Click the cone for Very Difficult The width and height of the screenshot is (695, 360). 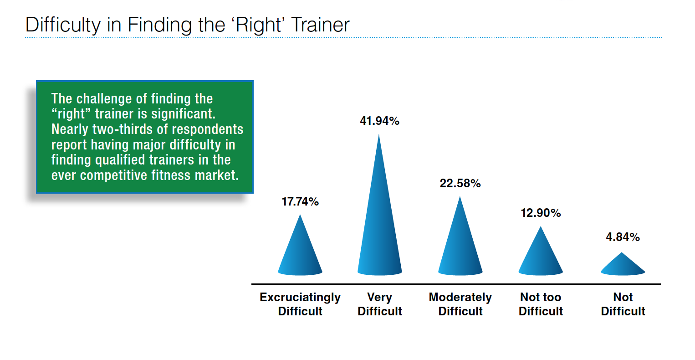pos(379,217)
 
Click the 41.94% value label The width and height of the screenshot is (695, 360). pos(379,121)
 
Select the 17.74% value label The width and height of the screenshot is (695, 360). pos(300,202)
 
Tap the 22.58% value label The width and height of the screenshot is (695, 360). pos(460,183)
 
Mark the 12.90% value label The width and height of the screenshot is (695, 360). pos(541,213)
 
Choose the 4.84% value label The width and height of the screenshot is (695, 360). pos(623,237)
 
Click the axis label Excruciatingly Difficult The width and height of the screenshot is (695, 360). pos(300,304)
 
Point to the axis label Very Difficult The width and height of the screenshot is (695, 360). pos(379,304)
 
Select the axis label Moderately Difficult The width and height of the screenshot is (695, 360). pos(460,304)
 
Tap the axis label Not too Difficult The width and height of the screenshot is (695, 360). pos(541,304)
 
